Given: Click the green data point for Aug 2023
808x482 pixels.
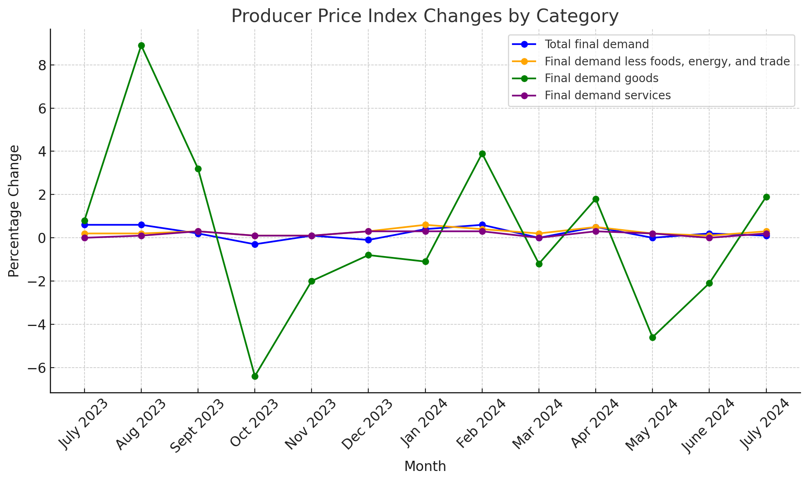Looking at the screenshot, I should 141,46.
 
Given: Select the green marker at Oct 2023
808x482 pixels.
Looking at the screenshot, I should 255,376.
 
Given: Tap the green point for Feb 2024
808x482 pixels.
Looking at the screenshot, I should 482,154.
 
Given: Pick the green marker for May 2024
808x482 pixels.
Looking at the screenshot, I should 652,337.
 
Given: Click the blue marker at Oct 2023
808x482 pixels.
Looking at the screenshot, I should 255,244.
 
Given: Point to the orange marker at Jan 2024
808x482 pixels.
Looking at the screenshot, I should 425,225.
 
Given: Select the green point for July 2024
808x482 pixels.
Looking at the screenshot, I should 766,197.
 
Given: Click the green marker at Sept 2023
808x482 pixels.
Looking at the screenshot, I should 198,169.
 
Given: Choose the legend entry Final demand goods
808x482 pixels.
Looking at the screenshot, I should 601,78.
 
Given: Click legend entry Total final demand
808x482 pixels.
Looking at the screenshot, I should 596,44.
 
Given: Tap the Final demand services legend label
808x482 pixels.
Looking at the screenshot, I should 608,95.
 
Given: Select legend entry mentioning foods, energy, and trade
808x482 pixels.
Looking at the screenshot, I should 667,61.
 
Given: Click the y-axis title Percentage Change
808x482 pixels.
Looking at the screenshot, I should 14,211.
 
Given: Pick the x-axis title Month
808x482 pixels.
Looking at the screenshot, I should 425,466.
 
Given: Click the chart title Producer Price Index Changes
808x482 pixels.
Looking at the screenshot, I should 425,16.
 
